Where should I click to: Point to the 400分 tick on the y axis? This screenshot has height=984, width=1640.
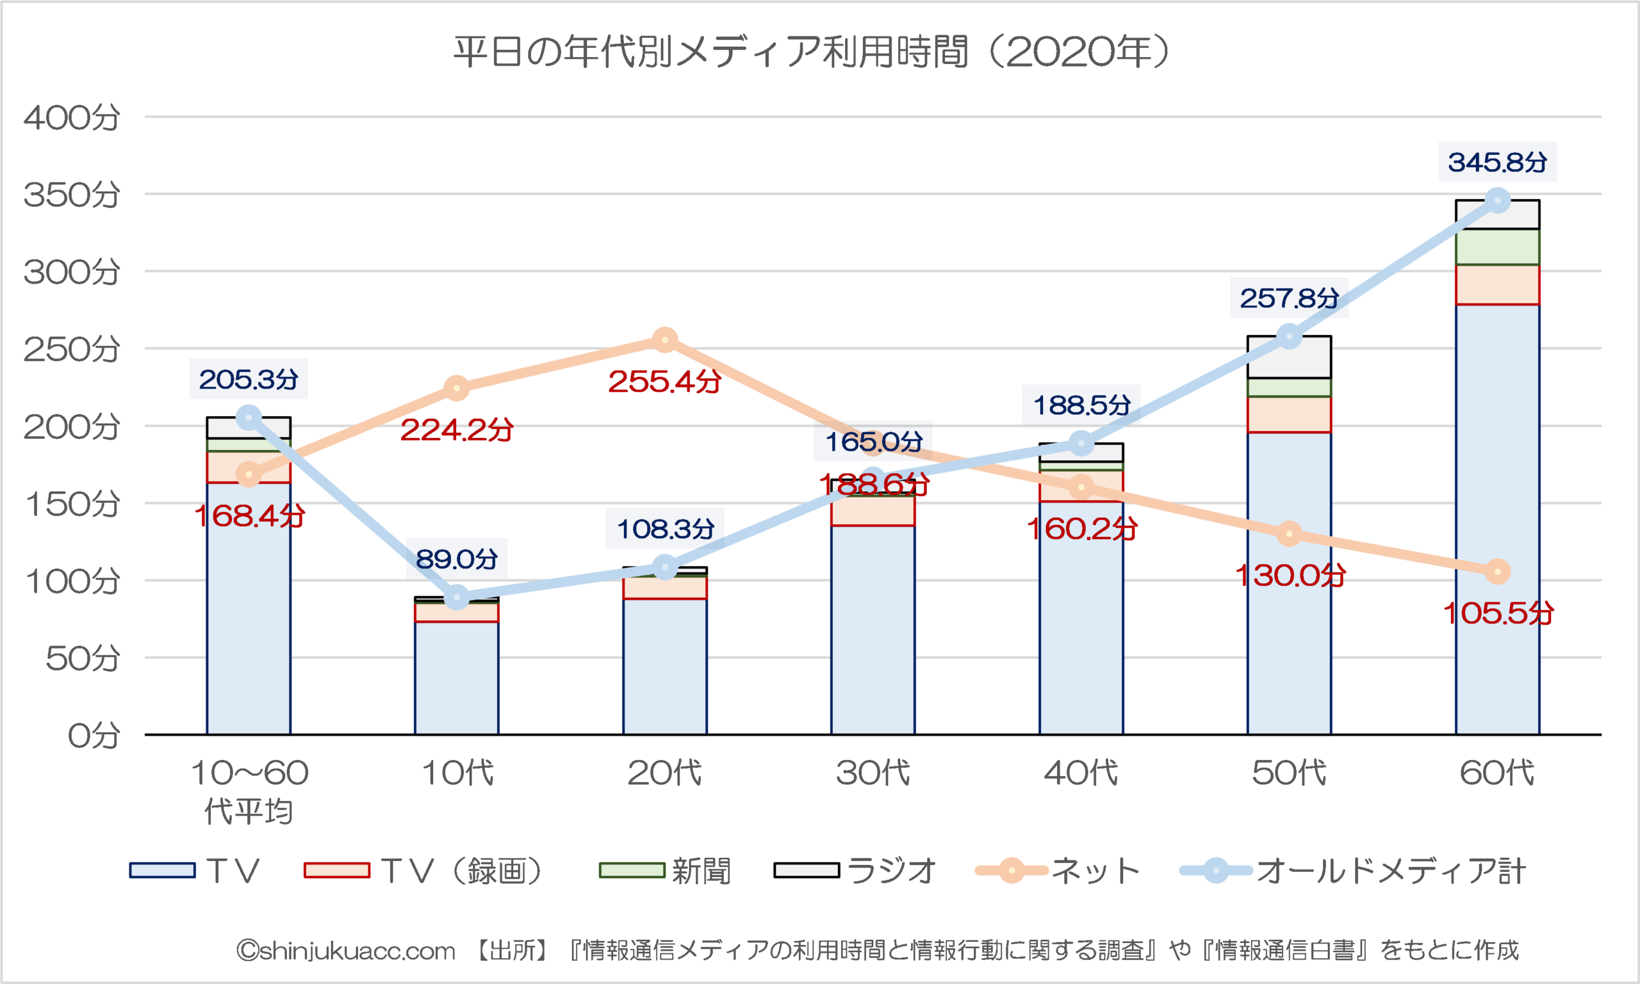pos(72,118)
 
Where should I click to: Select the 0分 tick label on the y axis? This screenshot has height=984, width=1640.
pos(94,736)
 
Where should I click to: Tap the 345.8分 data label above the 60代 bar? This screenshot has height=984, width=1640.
pos(1496,163)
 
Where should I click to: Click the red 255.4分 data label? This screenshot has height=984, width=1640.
pos(665,382)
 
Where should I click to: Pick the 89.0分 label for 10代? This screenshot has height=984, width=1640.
pos(456,559)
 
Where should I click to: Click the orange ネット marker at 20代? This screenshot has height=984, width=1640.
pos(665,341)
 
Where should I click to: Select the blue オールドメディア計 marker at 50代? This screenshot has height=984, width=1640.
pos(1289,337)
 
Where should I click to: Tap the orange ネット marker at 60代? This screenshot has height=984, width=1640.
pos(1497,572)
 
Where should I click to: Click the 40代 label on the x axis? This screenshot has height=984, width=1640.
pos(1081,773)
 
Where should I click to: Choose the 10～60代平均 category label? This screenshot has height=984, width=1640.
pos(249,792)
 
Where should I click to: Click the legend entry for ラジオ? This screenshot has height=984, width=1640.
pos(856,871)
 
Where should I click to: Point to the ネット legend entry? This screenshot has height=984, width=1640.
pos(1058,871)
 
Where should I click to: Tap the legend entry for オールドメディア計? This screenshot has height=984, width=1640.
pos(1354,871)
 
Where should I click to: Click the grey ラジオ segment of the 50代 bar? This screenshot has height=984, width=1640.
pos(1289,357)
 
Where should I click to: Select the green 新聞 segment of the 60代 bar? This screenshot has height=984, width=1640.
pos(1497,247)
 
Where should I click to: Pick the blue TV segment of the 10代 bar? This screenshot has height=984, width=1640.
pos(456,676)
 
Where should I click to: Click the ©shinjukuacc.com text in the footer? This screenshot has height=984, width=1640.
pos(346,951)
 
